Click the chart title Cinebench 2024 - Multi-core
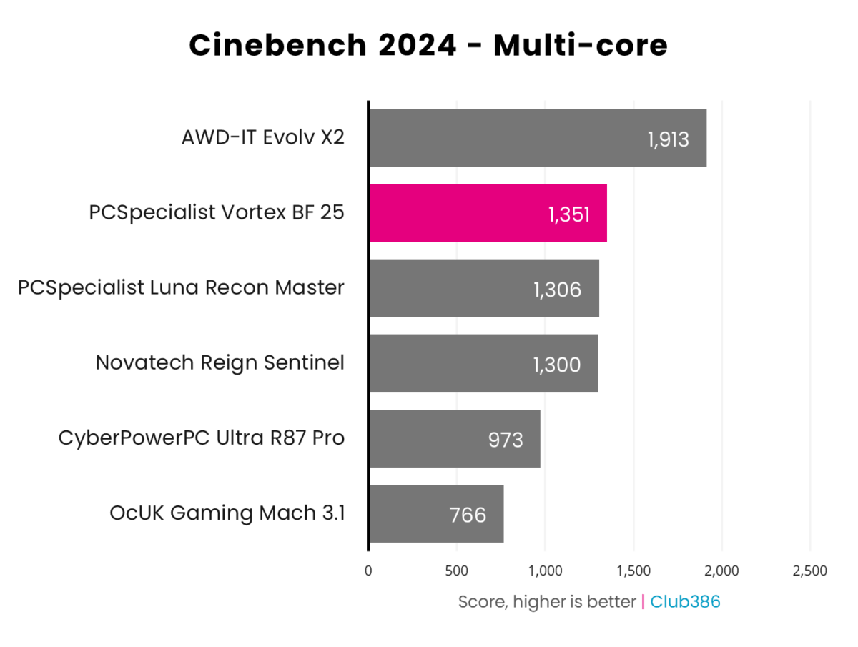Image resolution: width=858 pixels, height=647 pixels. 428,46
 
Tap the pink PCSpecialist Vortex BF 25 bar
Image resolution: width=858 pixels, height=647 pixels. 488,213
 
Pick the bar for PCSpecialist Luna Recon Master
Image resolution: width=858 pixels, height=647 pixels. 483,288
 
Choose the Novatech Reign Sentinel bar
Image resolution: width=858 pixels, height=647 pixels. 483,363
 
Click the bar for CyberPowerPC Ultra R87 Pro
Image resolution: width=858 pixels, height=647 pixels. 454,438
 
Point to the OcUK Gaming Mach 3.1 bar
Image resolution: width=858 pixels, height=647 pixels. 435,513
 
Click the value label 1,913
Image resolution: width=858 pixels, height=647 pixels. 669,139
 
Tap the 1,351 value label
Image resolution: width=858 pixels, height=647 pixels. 569,214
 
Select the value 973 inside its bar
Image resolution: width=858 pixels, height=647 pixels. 506,439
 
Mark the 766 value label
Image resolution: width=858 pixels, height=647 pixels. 469,515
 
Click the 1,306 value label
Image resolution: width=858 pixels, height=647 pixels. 557,289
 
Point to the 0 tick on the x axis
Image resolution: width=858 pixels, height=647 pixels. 368,571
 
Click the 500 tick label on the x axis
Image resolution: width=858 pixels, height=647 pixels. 456,571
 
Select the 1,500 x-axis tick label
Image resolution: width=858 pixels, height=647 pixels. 633,571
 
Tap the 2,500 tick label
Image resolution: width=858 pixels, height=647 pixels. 809,571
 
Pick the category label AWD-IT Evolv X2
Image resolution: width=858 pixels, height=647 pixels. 263,137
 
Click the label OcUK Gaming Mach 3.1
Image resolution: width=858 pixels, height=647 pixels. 227,513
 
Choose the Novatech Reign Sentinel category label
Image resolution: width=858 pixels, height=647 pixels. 220,362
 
